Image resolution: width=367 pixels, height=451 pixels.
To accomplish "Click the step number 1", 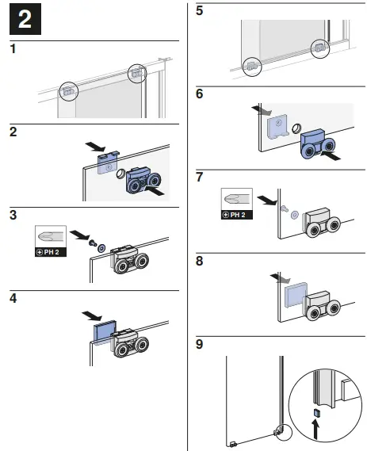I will click(12, 50).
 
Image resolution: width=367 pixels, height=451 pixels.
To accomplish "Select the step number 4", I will click(12, 299).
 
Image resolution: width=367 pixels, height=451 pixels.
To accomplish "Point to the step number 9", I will click(200, 344).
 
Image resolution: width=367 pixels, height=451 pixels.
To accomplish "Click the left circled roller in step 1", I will click(68, 90).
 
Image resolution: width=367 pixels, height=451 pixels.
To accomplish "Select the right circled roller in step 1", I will click(136, 72).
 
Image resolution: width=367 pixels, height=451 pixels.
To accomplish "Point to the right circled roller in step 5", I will click(319, 48).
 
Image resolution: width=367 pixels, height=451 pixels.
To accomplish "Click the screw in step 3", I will click(92, 243).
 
